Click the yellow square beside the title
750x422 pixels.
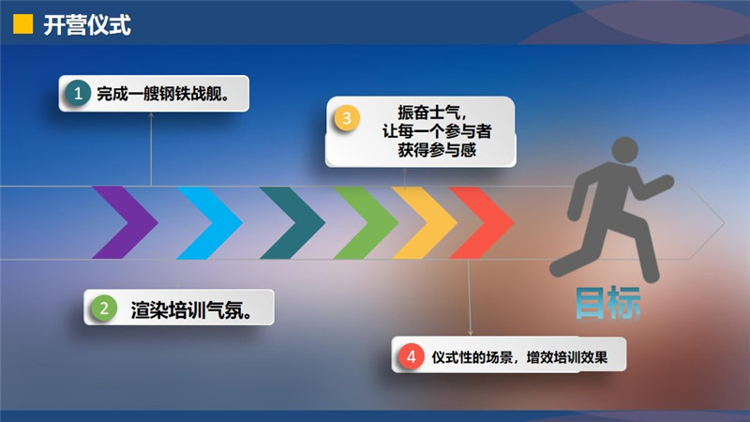coord(22,24)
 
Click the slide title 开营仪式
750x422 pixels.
coord(87,25)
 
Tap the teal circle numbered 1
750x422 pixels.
coord(78,93)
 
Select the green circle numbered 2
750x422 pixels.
coord(104,309)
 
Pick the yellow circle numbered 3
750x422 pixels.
coord(347,118)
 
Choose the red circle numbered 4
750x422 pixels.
coord(411,356)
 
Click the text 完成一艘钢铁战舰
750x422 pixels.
coord(158,94)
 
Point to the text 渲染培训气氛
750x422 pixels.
coord(187,310)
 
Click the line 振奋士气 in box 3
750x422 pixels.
coord(429,113)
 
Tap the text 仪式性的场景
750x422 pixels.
coord(472,357)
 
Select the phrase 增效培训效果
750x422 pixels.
coord(567,357)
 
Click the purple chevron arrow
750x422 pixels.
coord(125,222)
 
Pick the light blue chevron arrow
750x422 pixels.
coord(209,222)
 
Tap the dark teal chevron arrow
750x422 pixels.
coord(292,222)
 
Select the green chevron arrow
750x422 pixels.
coord(366,222)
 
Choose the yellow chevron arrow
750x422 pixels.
coord(425,222)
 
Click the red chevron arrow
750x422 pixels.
coord(482,222)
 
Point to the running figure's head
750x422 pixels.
coord(624,150)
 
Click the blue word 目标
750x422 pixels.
coord(607,303)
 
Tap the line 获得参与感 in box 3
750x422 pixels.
coord(437,150)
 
